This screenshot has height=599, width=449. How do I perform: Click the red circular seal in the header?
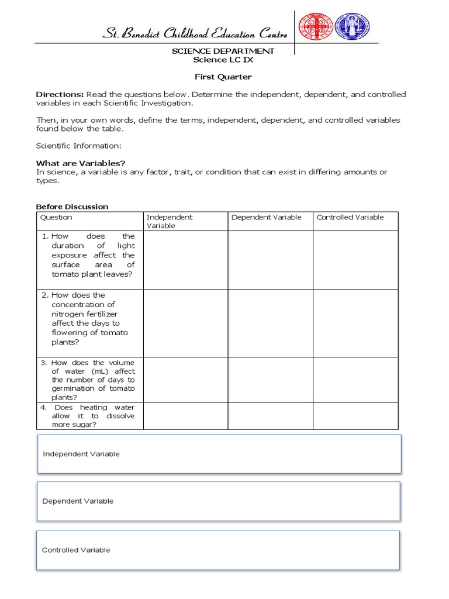(316, 27)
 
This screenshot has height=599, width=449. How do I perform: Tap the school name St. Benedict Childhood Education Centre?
(195, 34)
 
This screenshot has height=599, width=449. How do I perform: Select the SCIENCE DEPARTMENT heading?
(223, 51)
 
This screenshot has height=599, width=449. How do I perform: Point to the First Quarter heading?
(223, 77)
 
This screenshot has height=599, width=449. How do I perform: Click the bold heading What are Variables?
(81, 163)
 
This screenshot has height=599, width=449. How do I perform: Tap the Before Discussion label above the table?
(72, 206)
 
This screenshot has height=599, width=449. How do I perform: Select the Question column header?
(56, 217)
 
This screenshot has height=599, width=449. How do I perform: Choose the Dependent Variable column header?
(267, 217)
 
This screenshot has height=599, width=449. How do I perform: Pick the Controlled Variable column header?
(350, 217)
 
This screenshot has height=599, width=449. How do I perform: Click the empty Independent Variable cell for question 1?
(185, 260)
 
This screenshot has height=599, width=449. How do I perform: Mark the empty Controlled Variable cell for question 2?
(355, 323)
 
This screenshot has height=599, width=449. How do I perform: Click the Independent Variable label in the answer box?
(81, 454)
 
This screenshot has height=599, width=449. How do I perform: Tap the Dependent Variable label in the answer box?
(78, 501)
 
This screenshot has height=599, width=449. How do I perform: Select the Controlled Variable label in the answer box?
(76, 550)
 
